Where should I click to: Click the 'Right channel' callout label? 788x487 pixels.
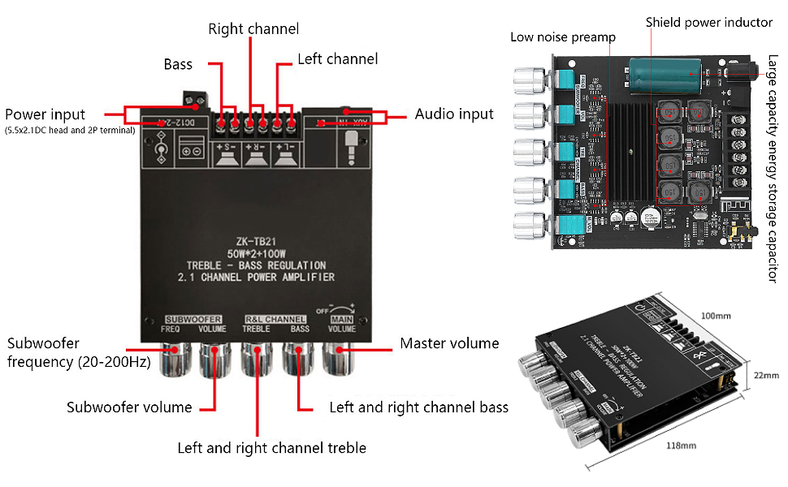pos(253,29)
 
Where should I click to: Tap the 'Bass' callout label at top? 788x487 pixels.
pos(178,63)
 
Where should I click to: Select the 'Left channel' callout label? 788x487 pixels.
pos(337,59)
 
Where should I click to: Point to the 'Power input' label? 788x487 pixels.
pos(45,114)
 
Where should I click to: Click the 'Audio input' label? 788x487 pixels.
pos(454,114)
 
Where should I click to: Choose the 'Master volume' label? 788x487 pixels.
pos(449,343)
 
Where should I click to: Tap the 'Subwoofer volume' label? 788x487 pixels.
pos(129,407)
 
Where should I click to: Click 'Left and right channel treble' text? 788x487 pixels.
pos(271,448)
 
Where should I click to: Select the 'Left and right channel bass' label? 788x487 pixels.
pos(418,407)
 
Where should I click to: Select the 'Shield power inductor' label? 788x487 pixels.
pos(709,23)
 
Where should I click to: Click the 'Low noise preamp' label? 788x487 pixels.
pos(562,37)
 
